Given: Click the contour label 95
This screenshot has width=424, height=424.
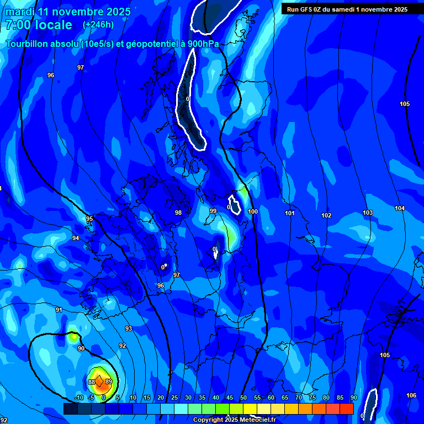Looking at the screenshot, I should coord(89,219).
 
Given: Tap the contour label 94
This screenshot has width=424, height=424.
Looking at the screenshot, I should coord(76,238).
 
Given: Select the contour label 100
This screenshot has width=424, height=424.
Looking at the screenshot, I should coord(253,211).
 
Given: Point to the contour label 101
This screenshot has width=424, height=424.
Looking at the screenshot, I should coord(290,213).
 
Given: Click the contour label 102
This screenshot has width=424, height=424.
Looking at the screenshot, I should coord(326,215).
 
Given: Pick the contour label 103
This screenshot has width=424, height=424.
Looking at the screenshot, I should coord(368,213).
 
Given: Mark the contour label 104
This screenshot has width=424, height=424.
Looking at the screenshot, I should coord(400,208).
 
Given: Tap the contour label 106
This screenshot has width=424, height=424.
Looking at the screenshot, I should coord(411,395).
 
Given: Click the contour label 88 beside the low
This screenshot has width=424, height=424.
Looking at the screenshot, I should coord(91,382).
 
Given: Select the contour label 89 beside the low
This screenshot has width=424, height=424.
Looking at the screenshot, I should coord(109,381).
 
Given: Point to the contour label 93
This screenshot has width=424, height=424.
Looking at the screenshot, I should coord(129,328).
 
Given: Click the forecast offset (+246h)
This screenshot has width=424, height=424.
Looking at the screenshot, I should coord(98,25).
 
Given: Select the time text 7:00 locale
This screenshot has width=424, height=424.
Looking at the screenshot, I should coord(39,25).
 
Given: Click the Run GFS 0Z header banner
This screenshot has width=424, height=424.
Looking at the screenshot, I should coord(347,9).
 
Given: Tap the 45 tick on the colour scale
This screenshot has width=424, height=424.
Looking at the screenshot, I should coord(230,398).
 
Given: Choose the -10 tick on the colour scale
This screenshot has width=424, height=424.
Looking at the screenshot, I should coord(78,398).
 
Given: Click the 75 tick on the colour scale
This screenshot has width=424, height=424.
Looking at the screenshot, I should coord(312,398).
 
